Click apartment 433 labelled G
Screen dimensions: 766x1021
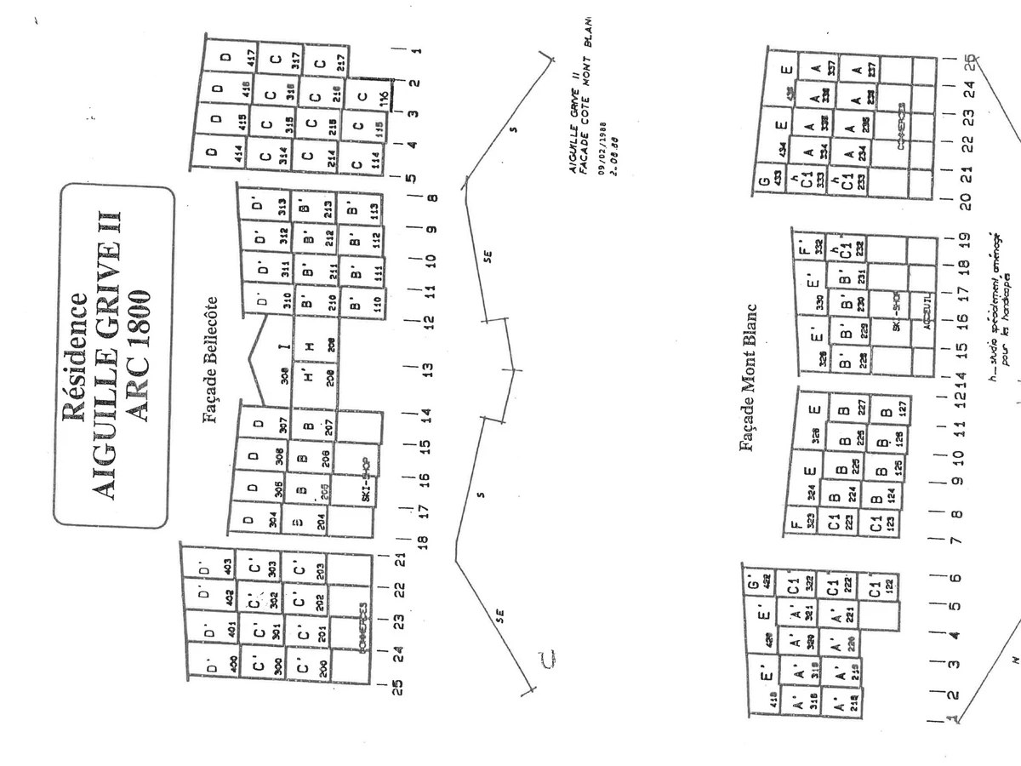(769, 183)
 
